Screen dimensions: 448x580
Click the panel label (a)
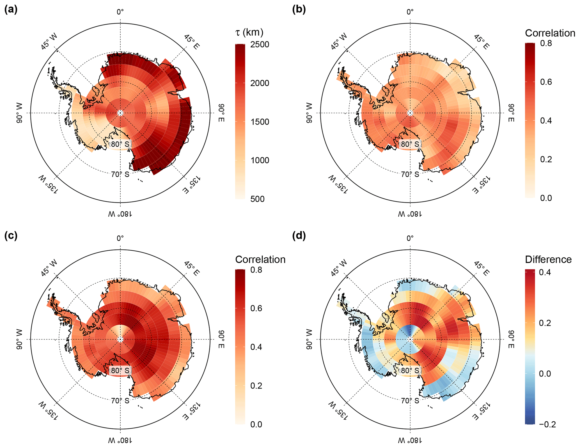point(11,10)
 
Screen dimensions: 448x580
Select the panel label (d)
point(299,236)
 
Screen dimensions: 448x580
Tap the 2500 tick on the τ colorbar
point(260,44)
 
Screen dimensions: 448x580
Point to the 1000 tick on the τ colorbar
point(260,160)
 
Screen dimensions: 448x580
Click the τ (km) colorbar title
point(249,33)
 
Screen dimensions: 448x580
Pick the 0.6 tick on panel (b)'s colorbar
point(546,82)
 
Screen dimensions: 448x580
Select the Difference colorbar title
point(548,259)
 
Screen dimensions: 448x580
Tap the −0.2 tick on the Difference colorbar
point(547,424)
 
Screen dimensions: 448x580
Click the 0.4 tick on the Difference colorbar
point(545,272)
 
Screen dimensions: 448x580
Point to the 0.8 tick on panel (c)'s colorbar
point(256,270)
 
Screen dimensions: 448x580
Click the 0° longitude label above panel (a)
point(120,12)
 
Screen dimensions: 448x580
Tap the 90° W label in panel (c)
point(19,339)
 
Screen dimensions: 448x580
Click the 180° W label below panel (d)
point(410,440)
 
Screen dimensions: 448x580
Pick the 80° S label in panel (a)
point(120,144)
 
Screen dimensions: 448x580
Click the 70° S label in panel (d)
point(410,401)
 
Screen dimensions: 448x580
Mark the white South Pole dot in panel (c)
point(120,339)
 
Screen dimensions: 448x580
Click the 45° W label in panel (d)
point(339,268)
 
